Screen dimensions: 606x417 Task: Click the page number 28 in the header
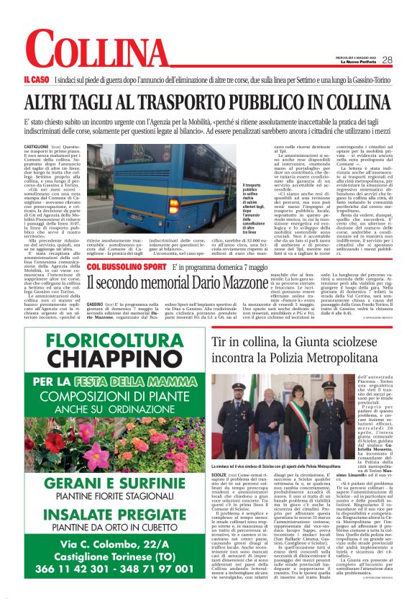pos(387,60)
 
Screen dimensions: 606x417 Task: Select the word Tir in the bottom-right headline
pos(220,341)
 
